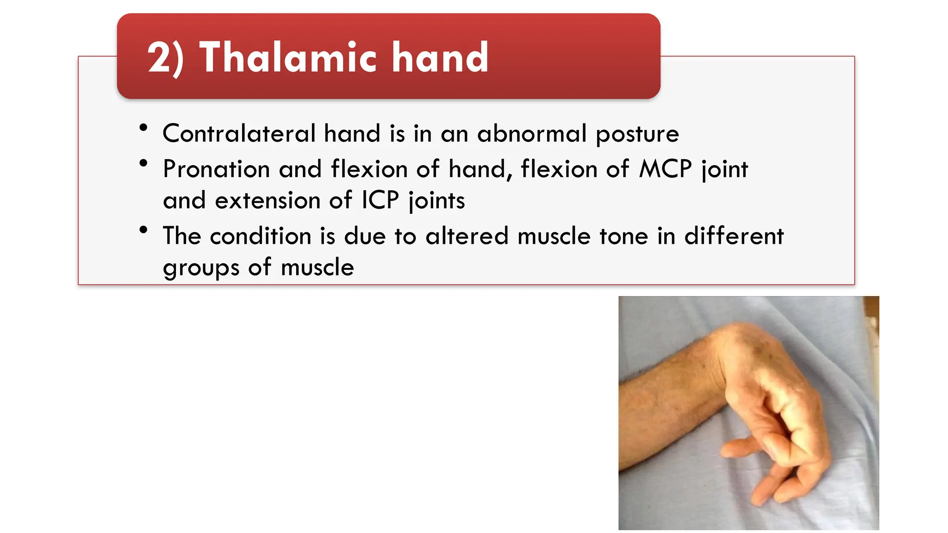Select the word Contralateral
[x=239, y=134]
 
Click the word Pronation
[x=216, y=169]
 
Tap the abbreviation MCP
[x=665, y=169]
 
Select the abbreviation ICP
[x=380, y=200]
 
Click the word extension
[x=267, y=200]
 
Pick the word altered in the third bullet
[x=467, y=236]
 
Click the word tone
[x=624, y=236]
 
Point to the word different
[x=734, y=236]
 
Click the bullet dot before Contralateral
[x=143, y=128]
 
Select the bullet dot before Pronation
[x=143, y=163]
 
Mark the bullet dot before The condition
[x=143, y=230]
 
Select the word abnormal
[x=532, y=134]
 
